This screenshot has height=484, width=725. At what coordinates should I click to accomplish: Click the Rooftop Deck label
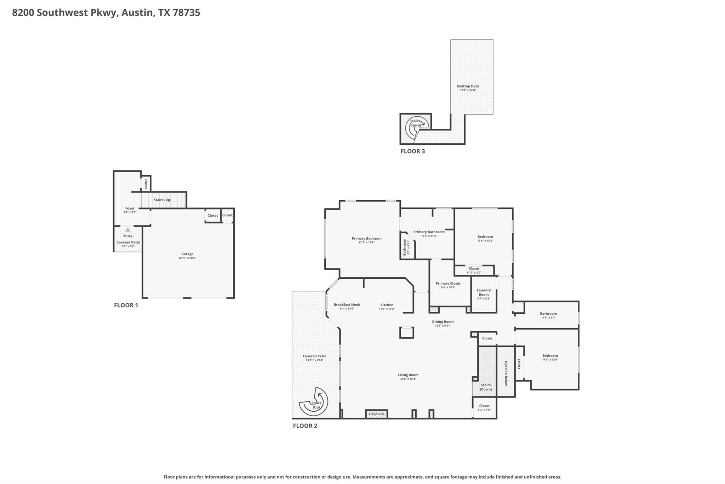(x=468, y=86)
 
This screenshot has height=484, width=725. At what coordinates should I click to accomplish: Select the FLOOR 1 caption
(x=126, y=305)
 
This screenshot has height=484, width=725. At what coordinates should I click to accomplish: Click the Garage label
(x=187, y=254)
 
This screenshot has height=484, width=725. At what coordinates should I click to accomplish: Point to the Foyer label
(x=130, y=208)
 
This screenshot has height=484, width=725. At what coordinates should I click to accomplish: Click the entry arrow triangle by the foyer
(x=128, y=230)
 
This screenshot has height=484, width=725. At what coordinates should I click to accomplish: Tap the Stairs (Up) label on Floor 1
(x=162, y=200)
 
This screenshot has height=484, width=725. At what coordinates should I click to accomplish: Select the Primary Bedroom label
(x=366, y=238)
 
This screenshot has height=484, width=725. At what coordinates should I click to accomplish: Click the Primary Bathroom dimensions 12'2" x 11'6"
(x=429, y=236)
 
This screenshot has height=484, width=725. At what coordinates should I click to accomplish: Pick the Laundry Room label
(x=484, y=292)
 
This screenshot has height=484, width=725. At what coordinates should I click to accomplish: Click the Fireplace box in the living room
(x=376, y=414)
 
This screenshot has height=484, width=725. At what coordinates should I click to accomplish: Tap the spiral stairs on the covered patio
(x=314, y=404)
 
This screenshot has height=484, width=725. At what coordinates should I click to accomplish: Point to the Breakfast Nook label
(x=347, y=305)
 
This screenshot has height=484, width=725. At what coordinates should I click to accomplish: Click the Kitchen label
(x=387, y=305)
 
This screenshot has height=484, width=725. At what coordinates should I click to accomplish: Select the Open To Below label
(x=506, y=373)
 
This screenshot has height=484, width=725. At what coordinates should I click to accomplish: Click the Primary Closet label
(x=448, y=283)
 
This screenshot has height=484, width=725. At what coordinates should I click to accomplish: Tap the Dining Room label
(x=443, y=322)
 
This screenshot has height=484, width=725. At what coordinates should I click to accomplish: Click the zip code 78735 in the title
(x=186, y=12)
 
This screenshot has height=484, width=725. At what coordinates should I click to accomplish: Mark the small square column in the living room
(x=406, y=333)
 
